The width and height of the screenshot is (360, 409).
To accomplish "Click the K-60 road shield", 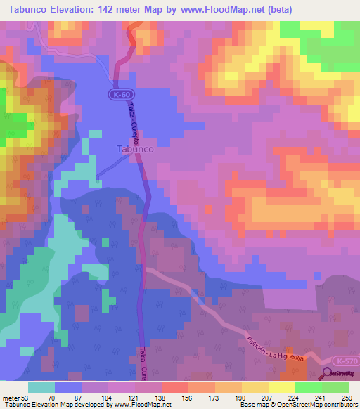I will pos(120,94).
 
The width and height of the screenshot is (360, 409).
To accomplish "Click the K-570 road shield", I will pos(347,361).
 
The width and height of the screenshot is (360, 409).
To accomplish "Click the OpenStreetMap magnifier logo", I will pos(328,375).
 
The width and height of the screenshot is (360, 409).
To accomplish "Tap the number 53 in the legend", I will pos(20,398).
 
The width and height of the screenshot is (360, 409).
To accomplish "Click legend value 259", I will pos(347,398).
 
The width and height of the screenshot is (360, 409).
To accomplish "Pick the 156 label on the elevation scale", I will pos(188,398).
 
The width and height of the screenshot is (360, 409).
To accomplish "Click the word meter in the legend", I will pos(8,398).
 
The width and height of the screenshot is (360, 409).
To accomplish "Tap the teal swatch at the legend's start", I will pos(41,387).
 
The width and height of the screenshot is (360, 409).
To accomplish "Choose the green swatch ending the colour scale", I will pos(335,387).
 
